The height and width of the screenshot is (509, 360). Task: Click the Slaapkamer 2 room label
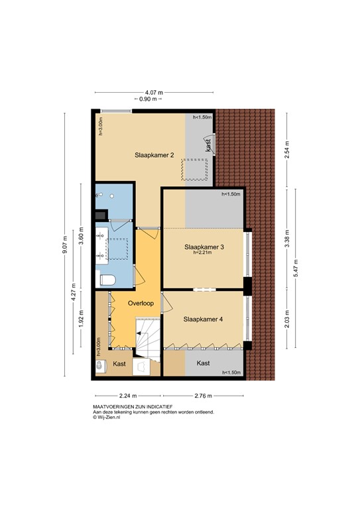click(153, 155)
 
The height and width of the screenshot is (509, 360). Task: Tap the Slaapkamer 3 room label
click(204, 247)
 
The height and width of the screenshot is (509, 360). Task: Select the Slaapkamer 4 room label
click(203, 319)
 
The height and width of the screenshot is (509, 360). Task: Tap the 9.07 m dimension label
click(65, 245)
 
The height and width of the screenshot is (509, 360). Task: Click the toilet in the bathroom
click(107, 279)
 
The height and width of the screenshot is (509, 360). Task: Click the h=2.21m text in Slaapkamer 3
click(204, 253)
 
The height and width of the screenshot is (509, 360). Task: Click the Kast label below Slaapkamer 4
click(204, 363)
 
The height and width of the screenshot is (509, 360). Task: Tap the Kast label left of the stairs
click(119, 364)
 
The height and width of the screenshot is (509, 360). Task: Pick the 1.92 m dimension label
click(81, 322)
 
